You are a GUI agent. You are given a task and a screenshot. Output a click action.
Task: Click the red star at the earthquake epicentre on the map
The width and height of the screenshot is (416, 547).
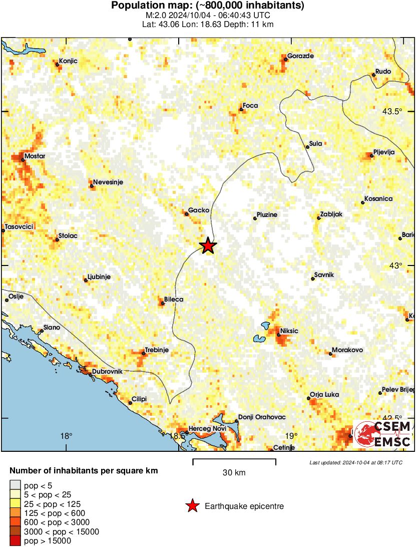pos(208,245)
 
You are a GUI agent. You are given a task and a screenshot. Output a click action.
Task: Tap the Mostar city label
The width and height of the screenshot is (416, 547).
pos(35,156)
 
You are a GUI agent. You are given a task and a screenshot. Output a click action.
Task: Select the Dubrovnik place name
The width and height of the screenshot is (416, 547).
pos(107,372)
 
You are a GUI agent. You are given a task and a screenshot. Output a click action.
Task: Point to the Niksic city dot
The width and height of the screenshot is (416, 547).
pos(278,335)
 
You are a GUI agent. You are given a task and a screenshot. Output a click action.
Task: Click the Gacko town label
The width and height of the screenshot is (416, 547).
pos(198,210)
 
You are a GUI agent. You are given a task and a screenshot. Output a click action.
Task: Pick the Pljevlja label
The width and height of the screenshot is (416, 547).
pos(384,152)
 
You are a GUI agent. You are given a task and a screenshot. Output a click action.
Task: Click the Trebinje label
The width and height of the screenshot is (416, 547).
pos(157,350)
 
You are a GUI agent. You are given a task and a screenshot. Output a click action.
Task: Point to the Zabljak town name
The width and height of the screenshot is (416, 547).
pos(331,214)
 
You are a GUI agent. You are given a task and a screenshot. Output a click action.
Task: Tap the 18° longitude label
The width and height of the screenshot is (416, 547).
pos(67,436)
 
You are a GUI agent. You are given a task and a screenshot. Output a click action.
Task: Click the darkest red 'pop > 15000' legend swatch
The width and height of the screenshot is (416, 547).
pos(16,540)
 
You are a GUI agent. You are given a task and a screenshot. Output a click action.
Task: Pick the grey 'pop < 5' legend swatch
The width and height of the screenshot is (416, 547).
pos(16,485)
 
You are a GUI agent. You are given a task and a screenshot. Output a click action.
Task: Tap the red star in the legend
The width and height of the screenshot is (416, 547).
pos(192,506)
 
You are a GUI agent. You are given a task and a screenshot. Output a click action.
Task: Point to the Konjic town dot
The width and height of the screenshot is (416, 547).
pos(57,64)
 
